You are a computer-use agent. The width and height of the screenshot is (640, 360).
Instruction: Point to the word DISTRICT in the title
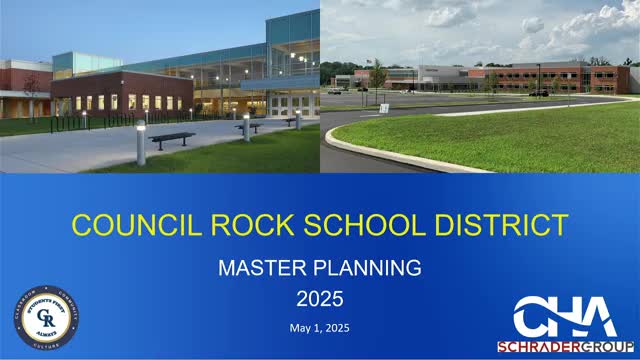point(498,224)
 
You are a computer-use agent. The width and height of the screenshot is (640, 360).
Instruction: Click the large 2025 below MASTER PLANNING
point(319,298)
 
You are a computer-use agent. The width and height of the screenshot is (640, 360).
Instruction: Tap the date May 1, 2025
point(319,328)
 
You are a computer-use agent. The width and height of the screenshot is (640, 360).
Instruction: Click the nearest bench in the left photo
point(172,139)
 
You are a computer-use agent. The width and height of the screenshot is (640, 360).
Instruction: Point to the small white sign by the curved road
point(384,107)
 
